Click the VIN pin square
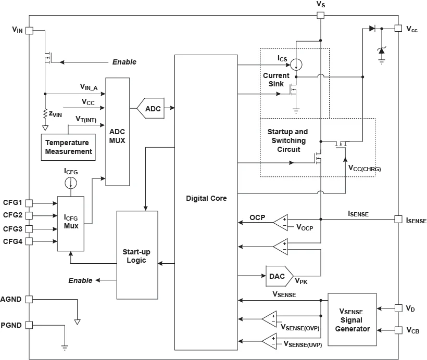tap(29, 30)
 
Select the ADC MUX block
tap(117, 132)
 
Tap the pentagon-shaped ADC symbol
tap(150, 109)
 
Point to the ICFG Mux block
tap(70, 223)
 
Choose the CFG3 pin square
tap(29, 228)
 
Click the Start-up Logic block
tap(137, 254)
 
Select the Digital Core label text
tap(206, 198)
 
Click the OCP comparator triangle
tap(282, 223)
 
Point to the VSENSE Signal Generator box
tap(352, 319)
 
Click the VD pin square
tap(398, 308)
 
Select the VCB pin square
tap(398, 330)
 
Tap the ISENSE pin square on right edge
tap(398, 220)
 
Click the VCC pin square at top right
tap(398, 29)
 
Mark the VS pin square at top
tap(321, 15)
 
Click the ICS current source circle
tap(296, 65)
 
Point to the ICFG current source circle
tap(70, 183)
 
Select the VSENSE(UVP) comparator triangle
tap(270, 341)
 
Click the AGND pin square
tap(29, 299)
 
